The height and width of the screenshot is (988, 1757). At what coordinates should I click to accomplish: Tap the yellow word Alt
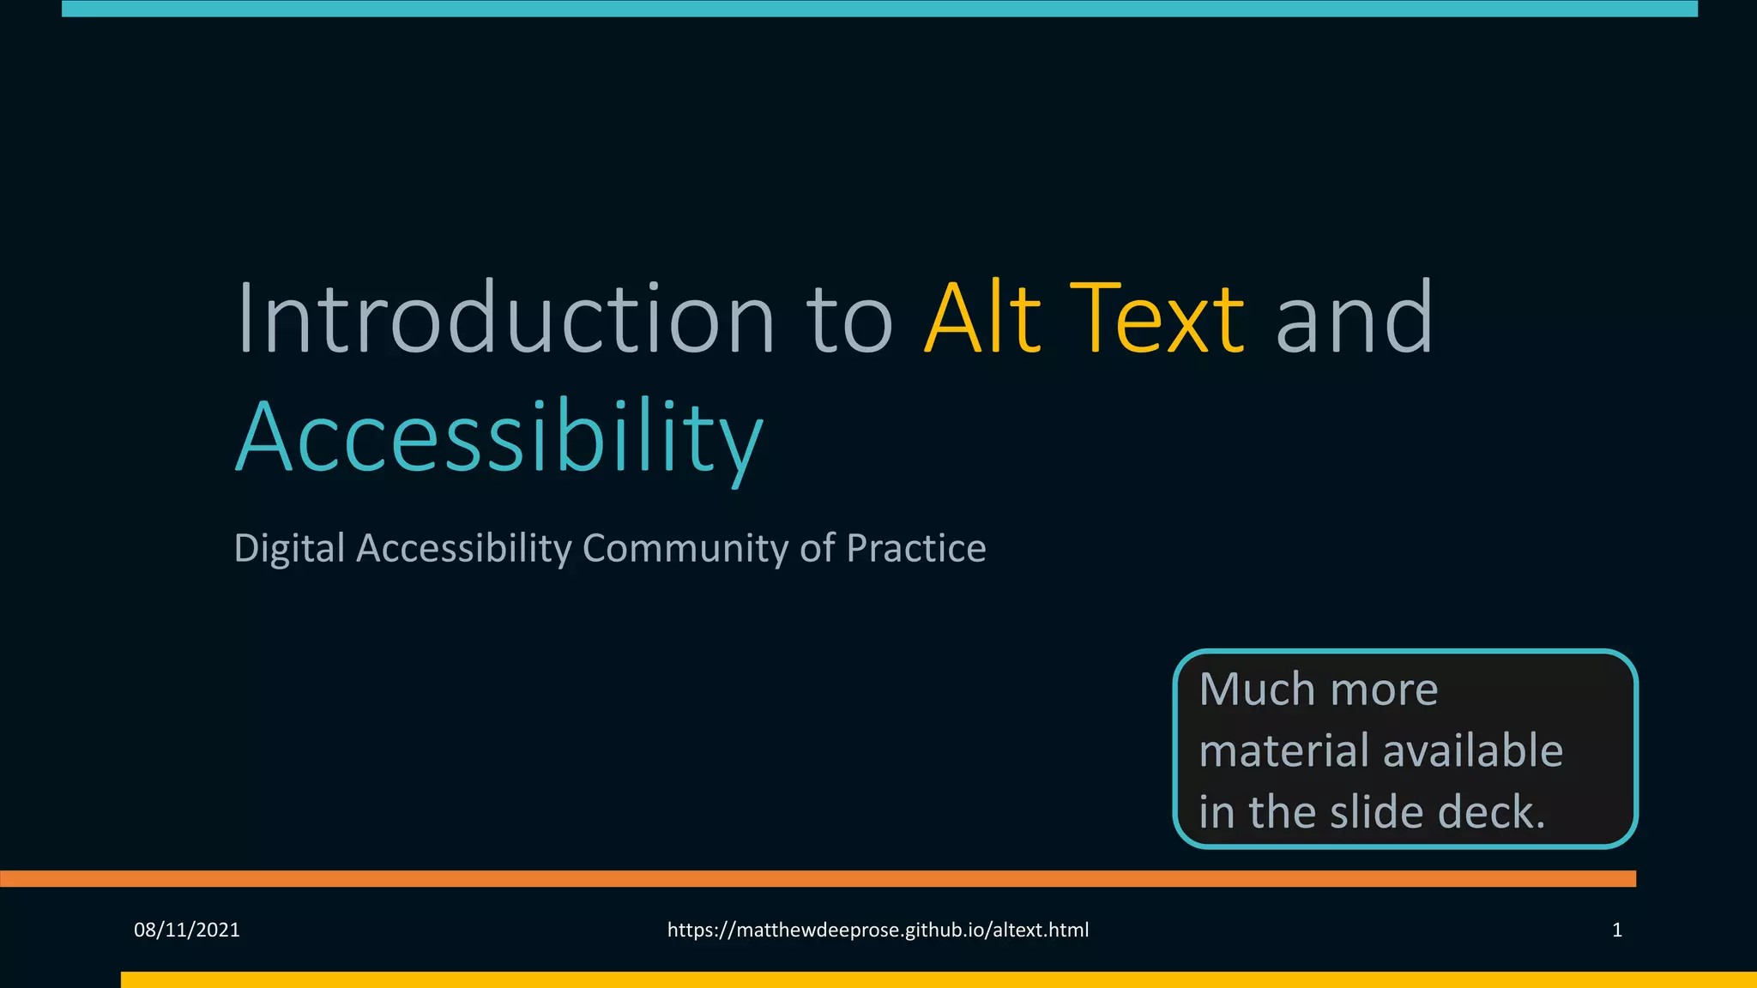coord(983,318)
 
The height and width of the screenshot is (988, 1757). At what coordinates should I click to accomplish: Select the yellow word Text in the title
coord(1157,318)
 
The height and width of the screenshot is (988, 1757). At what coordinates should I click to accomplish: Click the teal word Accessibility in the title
coord(498,437)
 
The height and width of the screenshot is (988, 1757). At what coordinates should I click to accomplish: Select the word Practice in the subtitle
coord(915,548)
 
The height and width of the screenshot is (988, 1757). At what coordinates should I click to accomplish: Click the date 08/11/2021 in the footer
coord(187,930)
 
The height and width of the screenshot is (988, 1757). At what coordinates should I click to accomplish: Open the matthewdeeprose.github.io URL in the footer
coord(878,930)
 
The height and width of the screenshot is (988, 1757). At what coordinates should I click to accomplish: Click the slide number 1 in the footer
coord(1617,930)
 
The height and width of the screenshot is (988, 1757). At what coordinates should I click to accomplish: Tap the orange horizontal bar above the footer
coord(815,878)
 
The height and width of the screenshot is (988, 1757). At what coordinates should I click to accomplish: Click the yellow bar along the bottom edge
coord(935,979)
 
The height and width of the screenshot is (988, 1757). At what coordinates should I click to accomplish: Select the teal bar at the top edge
coord(879,9)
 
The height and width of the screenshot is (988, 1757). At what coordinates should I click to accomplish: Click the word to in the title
coord(849,318)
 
